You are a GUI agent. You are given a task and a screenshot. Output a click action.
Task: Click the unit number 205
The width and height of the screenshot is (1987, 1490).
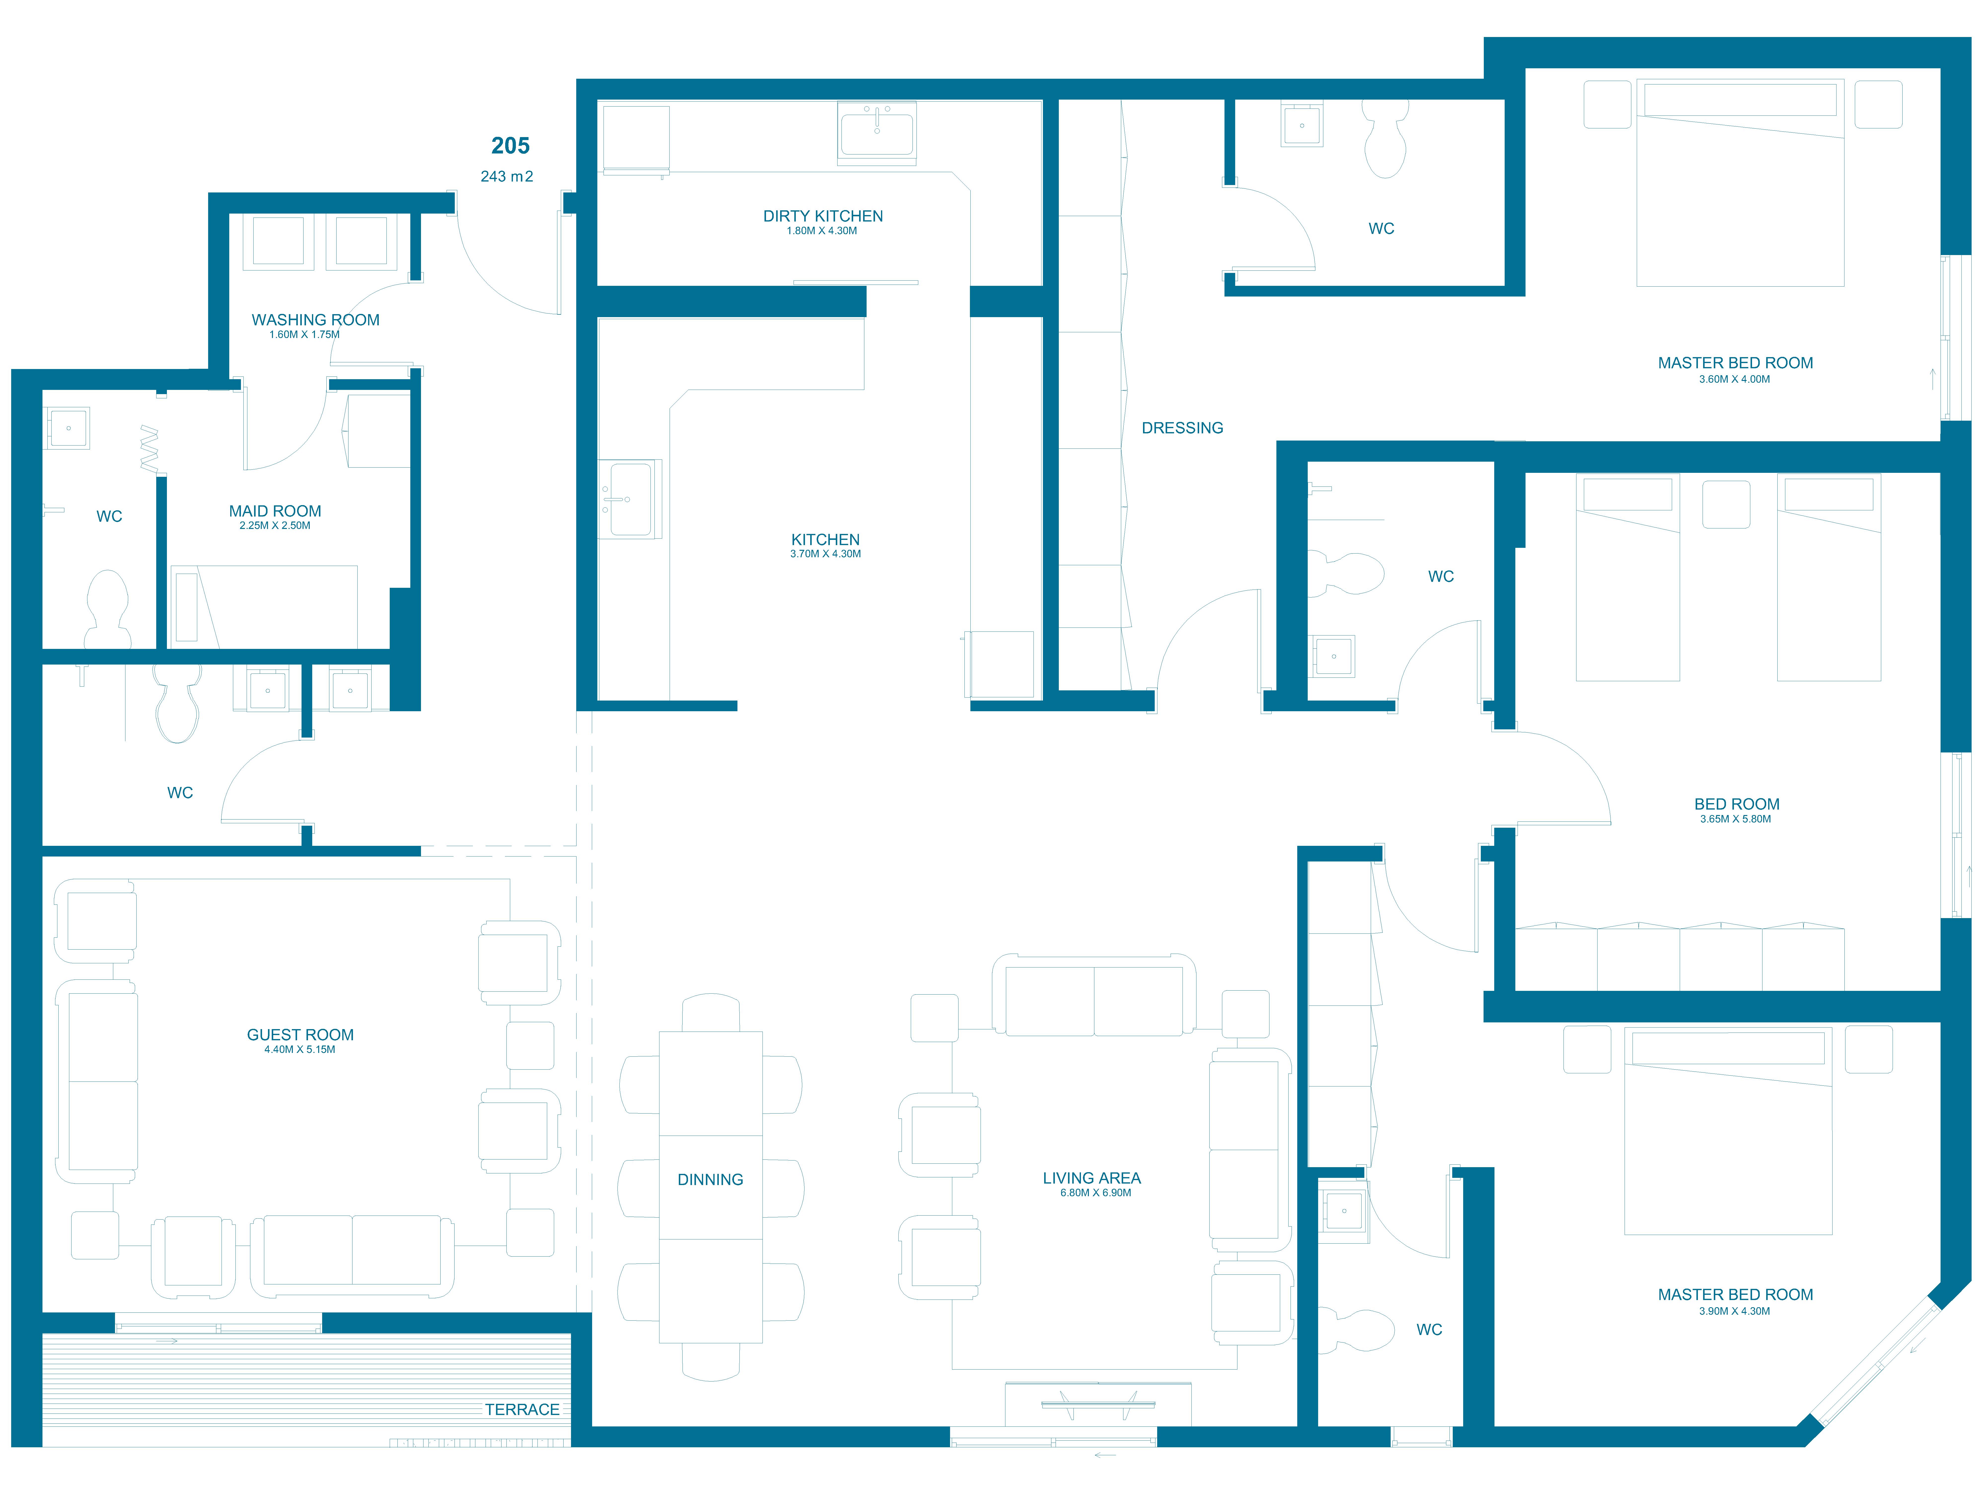510,146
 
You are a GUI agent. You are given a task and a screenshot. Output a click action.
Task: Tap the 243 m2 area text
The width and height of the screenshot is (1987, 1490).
507,176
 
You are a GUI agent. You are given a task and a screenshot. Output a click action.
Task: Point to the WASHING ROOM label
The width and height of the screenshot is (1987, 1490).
315,320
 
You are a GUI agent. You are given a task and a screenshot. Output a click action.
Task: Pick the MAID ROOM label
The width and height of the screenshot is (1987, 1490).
275,511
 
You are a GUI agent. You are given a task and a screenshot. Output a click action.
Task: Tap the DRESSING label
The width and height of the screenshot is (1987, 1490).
1182,428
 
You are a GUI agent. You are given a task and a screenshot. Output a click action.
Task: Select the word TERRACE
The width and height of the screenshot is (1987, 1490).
522,1410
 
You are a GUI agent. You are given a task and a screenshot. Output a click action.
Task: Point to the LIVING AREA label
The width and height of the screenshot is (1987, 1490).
1091,1178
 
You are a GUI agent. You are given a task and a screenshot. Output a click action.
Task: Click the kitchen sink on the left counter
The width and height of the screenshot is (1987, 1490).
630,499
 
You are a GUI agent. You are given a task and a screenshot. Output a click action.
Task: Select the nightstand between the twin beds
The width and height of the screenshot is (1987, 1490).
1726,505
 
